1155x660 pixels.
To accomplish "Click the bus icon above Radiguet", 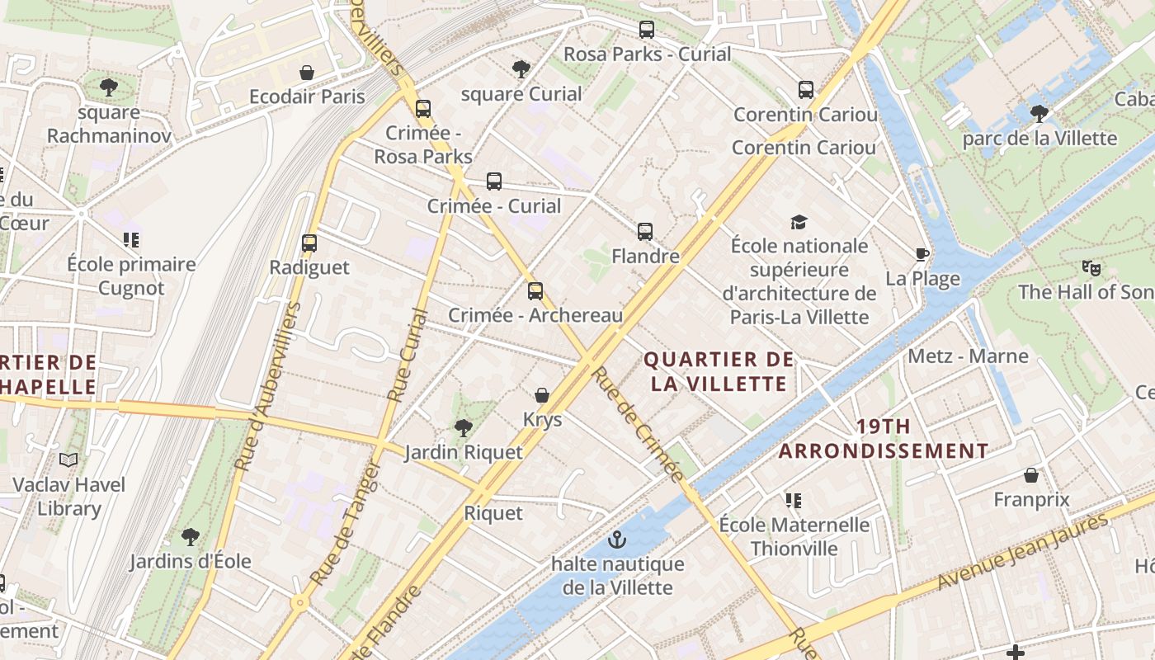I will [309, 243].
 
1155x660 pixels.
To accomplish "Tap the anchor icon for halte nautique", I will [616, 540].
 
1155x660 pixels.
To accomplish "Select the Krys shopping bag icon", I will [542, 395].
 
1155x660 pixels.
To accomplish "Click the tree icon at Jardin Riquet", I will [464, 427].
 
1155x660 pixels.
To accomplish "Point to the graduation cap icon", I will [798, 222].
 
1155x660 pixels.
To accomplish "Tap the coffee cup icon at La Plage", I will [922, 254].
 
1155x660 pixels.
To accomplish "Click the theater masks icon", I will [1091, 267].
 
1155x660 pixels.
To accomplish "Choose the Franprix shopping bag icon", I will [1031, 475].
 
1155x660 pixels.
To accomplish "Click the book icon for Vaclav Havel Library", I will [68, 460].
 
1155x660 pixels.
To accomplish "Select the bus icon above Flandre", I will [645, 232].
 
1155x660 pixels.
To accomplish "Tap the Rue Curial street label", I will [407, 355].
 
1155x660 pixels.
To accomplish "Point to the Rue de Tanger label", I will [346, 523].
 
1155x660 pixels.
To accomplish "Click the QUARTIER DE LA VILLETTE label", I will [719, 371].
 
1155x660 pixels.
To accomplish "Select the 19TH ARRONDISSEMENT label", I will [884, 439].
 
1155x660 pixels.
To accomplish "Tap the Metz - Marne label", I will [968, 356].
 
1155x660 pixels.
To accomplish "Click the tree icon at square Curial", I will [521, 68].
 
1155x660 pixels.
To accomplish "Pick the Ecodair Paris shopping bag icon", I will [307, 73].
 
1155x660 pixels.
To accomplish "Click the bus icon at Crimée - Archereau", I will [535, 290].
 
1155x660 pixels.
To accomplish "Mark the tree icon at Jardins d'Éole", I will [191, 537].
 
